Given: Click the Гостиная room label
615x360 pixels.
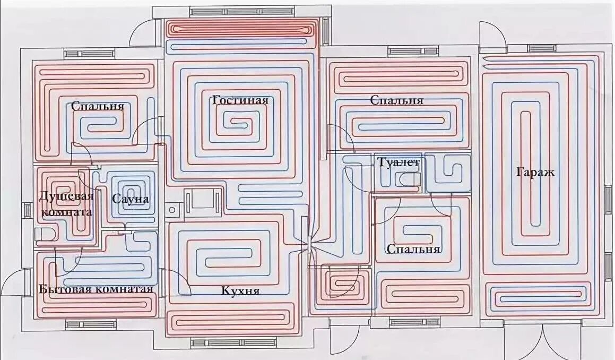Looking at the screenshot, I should coord(240,100).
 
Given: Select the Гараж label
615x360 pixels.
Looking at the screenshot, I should coord(534,173).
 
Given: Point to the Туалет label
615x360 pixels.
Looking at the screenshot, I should coord(398,162).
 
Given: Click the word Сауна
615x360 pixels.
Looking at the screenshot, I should coord(131,199).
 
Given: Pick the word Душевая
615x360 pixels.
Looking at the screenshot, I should coord(66,196).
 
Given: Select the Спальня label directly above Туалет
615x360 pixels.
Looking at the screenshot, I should coord(396,100).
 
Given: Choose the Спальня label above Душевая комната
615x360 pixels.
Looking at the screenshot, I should coord(98,106).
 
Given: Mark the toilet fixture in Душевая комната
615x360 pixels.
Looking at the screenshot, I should coord(44,234).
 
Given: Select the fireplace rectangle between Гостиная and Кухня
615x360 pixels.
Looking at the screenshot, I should coord(202,202).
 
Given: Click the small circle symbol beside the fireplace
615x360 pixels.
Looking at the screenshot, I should coord(172,210).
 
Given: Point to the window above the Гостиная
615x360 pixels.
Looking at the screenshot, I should coord(241,11).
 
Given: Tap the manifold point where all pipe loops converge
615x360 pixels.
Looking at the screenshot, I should coord(310,243).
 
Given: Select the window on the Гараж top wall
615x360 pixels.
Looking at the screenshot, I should coord(542,48).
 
